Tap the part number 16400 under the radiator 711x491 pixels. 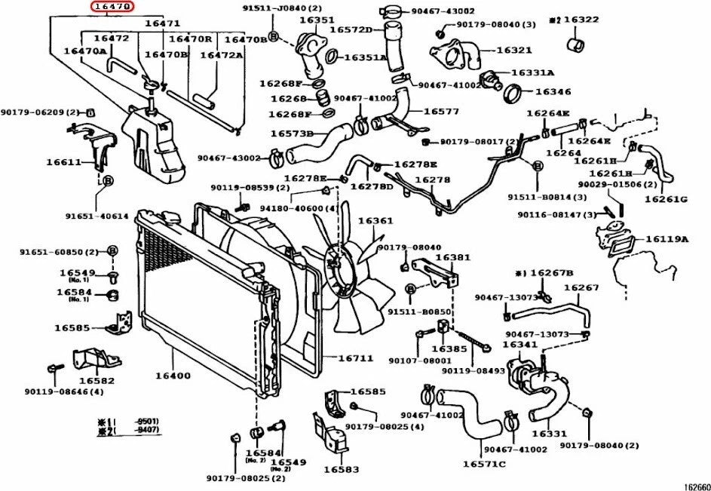pos(173,375)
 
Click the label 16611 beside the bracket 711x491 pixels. pos(63,162)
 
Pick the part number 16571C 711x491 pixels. pos(484,464)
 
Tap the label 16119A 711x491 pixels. pos(667,239)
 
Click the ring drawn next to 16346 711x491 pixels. pos(513,94)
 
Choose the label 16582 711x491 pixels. pos(97,381)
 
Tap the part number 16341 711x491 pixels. pos(519,345)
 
